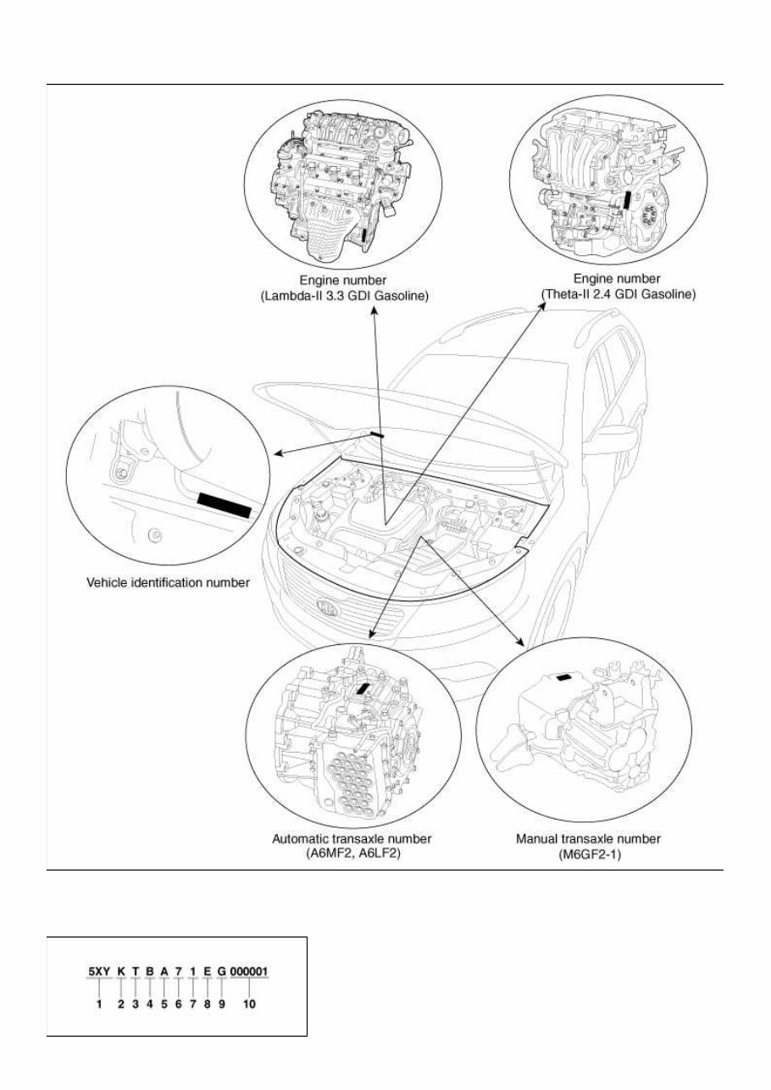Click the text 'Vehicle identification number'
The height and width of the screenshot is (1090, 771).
pos(169,583)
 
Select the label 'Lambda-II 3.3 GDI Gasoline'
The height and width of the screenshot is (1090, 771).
pos(343,295)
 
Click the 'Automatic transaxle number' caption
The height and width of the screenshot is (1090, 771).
pos(352,839)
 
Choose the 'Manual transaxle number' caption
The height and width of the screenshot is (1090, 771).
pos(588,839)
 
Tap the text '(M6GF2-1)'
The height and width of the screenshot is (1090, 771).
pos(588,854)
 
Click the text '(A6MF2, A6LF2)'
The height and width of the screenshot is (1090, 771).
pos(352,854)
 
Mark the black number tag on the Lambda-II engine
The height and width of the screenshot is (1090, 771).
pos(364,235)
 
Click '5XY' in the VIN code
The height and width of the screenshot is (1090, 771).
pos(100,971)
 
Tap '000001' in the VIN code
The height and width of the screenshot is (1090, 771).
pos(250,971)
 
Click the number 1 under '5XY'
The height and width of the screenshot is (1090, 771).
pos(100,1004)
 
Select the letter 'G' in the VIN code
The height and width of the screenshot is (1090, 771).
pos(221,971)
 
